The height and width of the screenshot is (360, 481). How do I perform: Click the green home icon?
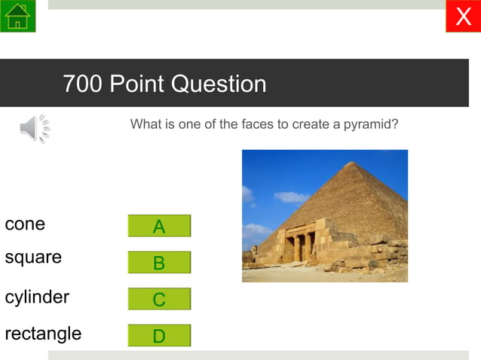point(17,16)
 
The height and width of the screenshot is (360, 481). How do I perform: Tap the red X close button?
point(463,16)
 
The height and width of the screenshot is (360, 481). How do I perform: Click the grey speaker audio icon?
point(34,130)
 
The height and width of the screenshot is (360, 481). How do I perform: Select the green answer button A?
point(159,226)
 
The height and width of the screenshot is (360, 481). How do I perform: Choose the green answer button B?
point(159,263)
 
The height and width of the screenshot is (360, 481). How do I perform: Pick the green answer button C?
point(159,299)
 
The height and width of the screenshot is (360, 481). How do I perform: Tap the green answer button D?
point(159,336)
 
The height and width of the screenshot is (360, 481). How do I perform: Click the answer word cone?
point(25,224)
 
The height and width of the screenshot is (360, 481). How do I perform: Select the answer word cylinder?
point(37,297)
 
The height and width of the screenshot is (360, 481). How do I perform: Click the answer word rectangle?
point(43,334)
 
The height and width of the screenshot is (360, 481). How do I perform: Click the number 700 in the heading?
point(83,84)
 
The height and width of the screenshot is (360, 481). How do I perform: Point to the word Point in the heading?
point(137,84)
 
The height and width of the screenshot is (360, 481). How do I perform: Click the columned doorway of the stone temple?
point(299,246)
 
